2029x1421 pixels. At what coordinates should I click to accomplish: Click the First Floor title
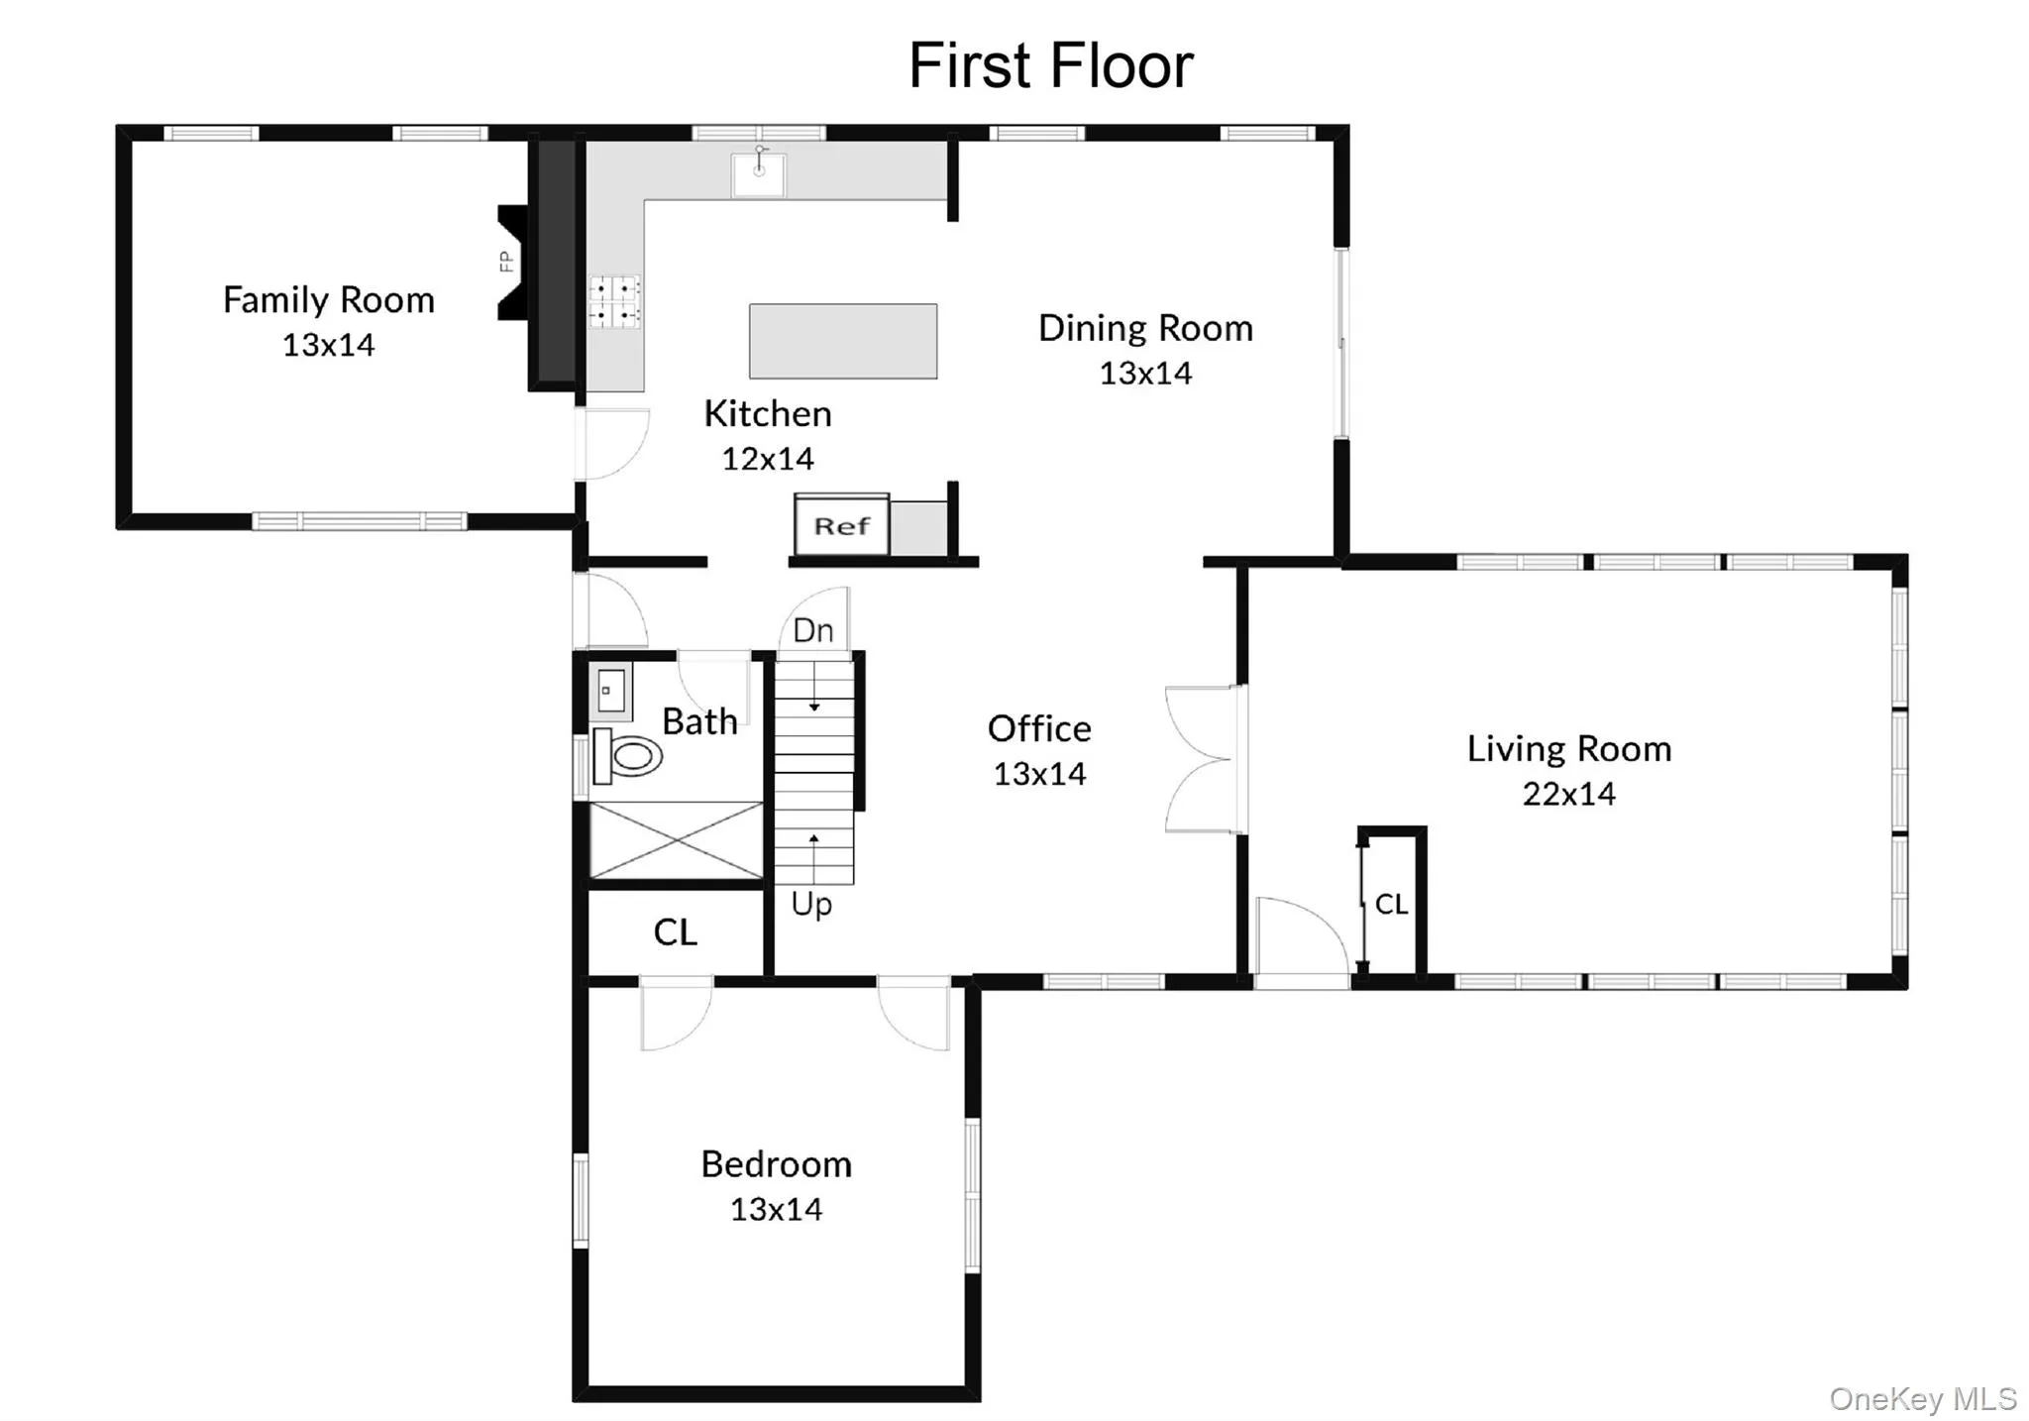coord(1050,65)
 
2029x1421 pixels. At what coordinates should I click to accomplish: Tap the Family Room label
coord(328,299)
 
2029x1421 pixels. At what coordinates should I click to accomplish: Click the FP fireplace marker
coord(506,262)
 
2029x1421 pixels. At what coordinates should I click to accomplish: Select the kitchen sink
coord(758,174)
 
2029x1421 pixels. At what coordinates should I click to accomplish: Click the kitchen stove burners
coord(614,301)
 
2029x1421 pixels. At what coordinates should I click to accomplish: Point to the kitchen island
coord(842,341)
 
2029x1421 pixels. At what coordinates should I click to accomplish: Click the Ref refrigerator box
coord(841,526)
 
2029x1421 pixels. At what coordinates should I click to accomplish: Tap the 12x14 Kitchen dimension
coord(767,459)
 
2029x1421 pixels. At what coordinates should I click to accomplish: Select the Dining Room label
coord(1145,328)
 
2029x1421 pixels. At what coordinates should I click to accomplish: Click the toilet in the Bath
coord(627,757)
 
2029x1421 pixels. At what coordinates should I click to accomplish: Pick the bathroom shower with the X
coord(677,840)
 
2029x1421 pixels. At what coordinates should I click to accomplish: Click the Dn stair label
coord(813,630)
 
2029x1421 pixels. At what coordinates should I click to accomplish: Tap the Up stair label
coord(811,904)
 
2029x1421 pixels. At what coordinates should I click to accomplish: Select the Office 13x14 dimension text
coord(1039,774)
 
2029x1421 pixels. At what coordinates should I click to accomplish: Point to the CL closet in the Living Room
coord(1391,904)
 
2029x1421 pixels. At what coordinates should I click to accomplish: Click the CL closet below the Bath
coord(676,932)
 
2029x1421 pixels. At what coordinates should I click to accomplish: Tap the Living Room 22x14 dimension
coord(1568,794)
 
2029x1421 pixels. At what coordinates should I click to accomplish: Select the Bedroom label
coord(776,1164)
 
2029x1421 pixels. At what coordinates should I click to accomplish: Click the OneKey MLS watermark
coord(1922,1398)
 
